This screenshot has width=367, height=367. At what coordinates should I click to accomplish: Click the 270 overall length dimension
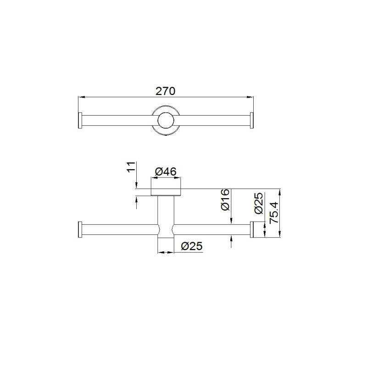click(166, 91)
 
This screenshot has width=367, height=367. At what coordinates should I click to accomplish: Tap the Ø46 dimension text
click(166, 172)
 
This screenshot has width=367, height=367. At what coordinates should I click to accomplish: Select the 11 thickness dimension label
click(131, 167)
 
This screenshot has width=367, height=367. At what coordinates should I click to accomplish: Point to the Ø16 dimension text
click(225, 200)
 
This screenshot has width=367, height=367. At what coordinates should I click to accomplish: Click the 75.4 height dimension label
click(274, 212)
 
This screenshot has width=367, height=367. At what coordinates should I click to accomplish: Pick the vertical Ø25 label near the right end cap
click(259, 203)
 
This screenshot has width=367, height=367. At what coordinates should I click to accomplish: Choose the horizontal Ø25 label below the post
click(192, 246)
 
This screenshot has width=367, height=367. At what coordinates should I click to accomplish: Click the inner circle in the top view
click(166, 121)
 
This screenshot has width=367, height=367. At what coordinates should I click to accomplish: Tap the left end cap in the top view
click(80, 121)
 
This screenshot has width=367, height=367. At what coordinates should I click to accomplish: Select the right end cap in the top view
click(252, 121)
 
